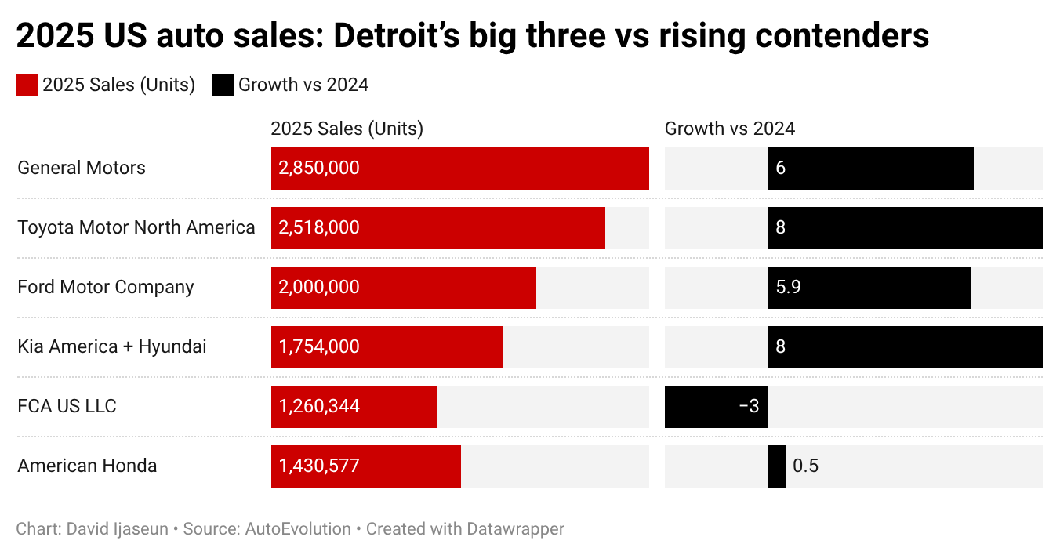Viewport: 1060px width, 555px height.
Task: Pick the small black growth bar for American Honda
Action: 776,466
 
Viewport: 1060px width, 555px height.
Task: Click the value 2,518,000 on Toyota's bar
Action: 319,227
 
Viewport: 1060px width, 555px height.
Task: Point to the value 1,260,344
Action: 319,406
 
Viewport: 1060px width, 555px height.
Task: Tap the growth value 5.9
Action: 788,287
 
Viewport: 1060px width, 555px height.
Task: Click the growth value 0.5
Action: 805,466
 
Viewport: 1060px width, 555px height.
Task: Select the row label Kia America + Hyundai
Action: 112,346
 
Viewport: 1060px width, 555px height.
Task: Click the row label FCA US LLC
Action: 67,406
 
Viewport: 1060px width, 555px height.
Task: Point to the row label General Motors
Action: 82,168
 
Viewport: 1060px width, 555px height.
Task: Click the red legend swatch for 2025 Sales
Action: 27,85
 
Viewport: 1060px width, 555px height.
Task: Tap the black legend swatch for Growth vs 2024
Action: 223,85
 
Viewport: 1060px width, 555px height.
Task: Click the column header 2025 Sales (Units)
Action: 347,129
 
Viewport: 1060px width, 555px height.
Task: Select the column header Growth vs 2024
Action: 729,129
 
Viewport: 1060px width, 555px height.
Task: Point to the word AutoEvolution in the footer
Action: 298,529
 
